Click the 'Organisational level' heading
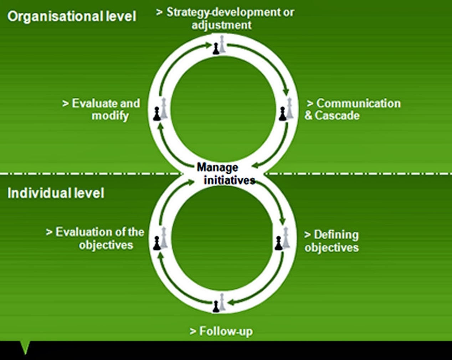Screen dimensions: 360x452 click(x=72, y=17)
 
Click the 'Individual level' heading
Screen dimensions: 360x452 click(x=56, y=193)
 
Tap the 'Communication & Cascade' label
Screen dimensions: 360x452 click(x=353, y=110)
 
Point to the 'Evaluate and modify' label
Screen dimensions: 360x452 click(x=101, y=110)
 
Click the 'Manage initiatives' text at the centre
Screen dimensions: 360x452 click(x=225, y=174)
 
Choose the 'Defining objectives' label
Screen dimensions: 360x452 click(x=332, y=241)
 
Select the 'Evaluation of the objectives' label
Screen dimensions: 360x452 click(x=96, y=238)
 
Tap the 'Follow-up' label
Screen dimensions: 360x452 click(x=221, y=331)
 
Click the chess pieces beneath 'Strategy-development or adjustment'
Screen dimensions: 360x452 click(x=219, y=45)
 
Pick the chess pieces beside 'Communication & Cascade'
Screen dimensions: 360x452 click(x=286, y=110)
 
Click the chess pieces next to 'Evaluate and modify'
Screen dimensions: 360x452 click(x=160, y=109)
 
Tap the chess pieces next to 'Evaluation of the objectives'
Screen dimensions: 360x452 click(x=160, y=238)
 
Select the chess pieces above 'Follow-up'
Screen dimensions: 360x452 click(x=219, y=303)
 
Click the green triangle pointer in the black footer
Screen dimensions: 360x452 click(x=25, y=347)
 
